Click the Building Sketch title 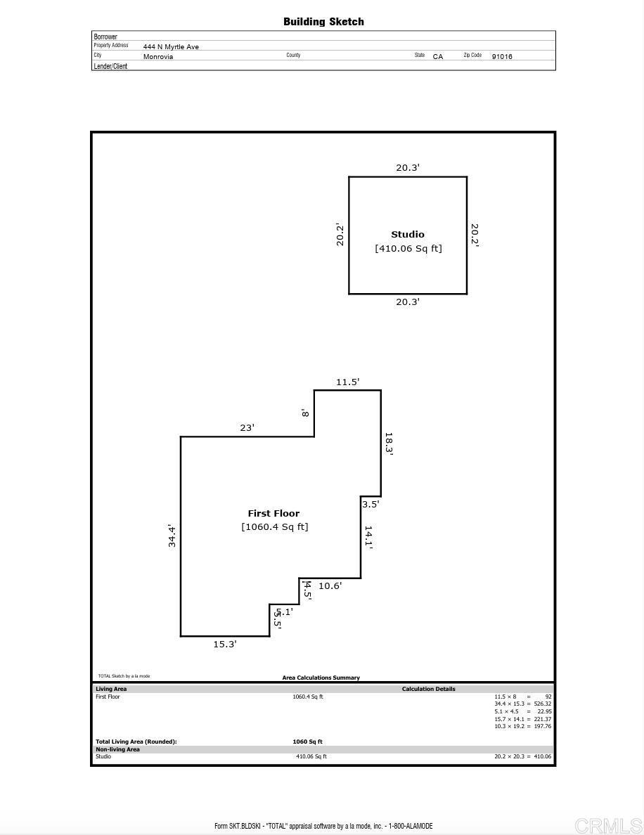coord(323,22)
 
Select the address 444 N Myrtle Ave coord(171,47)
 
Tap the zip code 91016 coord(502,56)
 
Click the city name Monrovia coord(158,56)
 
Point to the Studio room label coord(408,234)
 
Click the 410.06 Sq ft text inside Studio coord(408,248)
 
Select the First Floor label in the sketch coord(273,513)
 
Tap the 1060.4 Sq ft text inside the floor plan coord(275,526)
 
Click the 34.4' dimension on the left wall coord(172,536)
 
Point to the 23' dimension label coord(247,427)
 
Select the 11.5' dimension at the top coord(347,382)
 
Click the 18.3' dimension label coord(389,444)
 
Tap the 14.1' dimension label coord(368,537)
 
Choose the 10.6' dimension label coord(330,585)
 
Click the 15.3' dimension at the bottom coord(225,644)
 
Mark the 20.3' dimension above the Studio coord(408,167)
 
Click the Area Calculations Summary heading coord(321,678)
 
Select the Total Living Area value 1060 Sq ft coord(307,742)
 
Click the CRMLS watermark coord(607,825)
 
